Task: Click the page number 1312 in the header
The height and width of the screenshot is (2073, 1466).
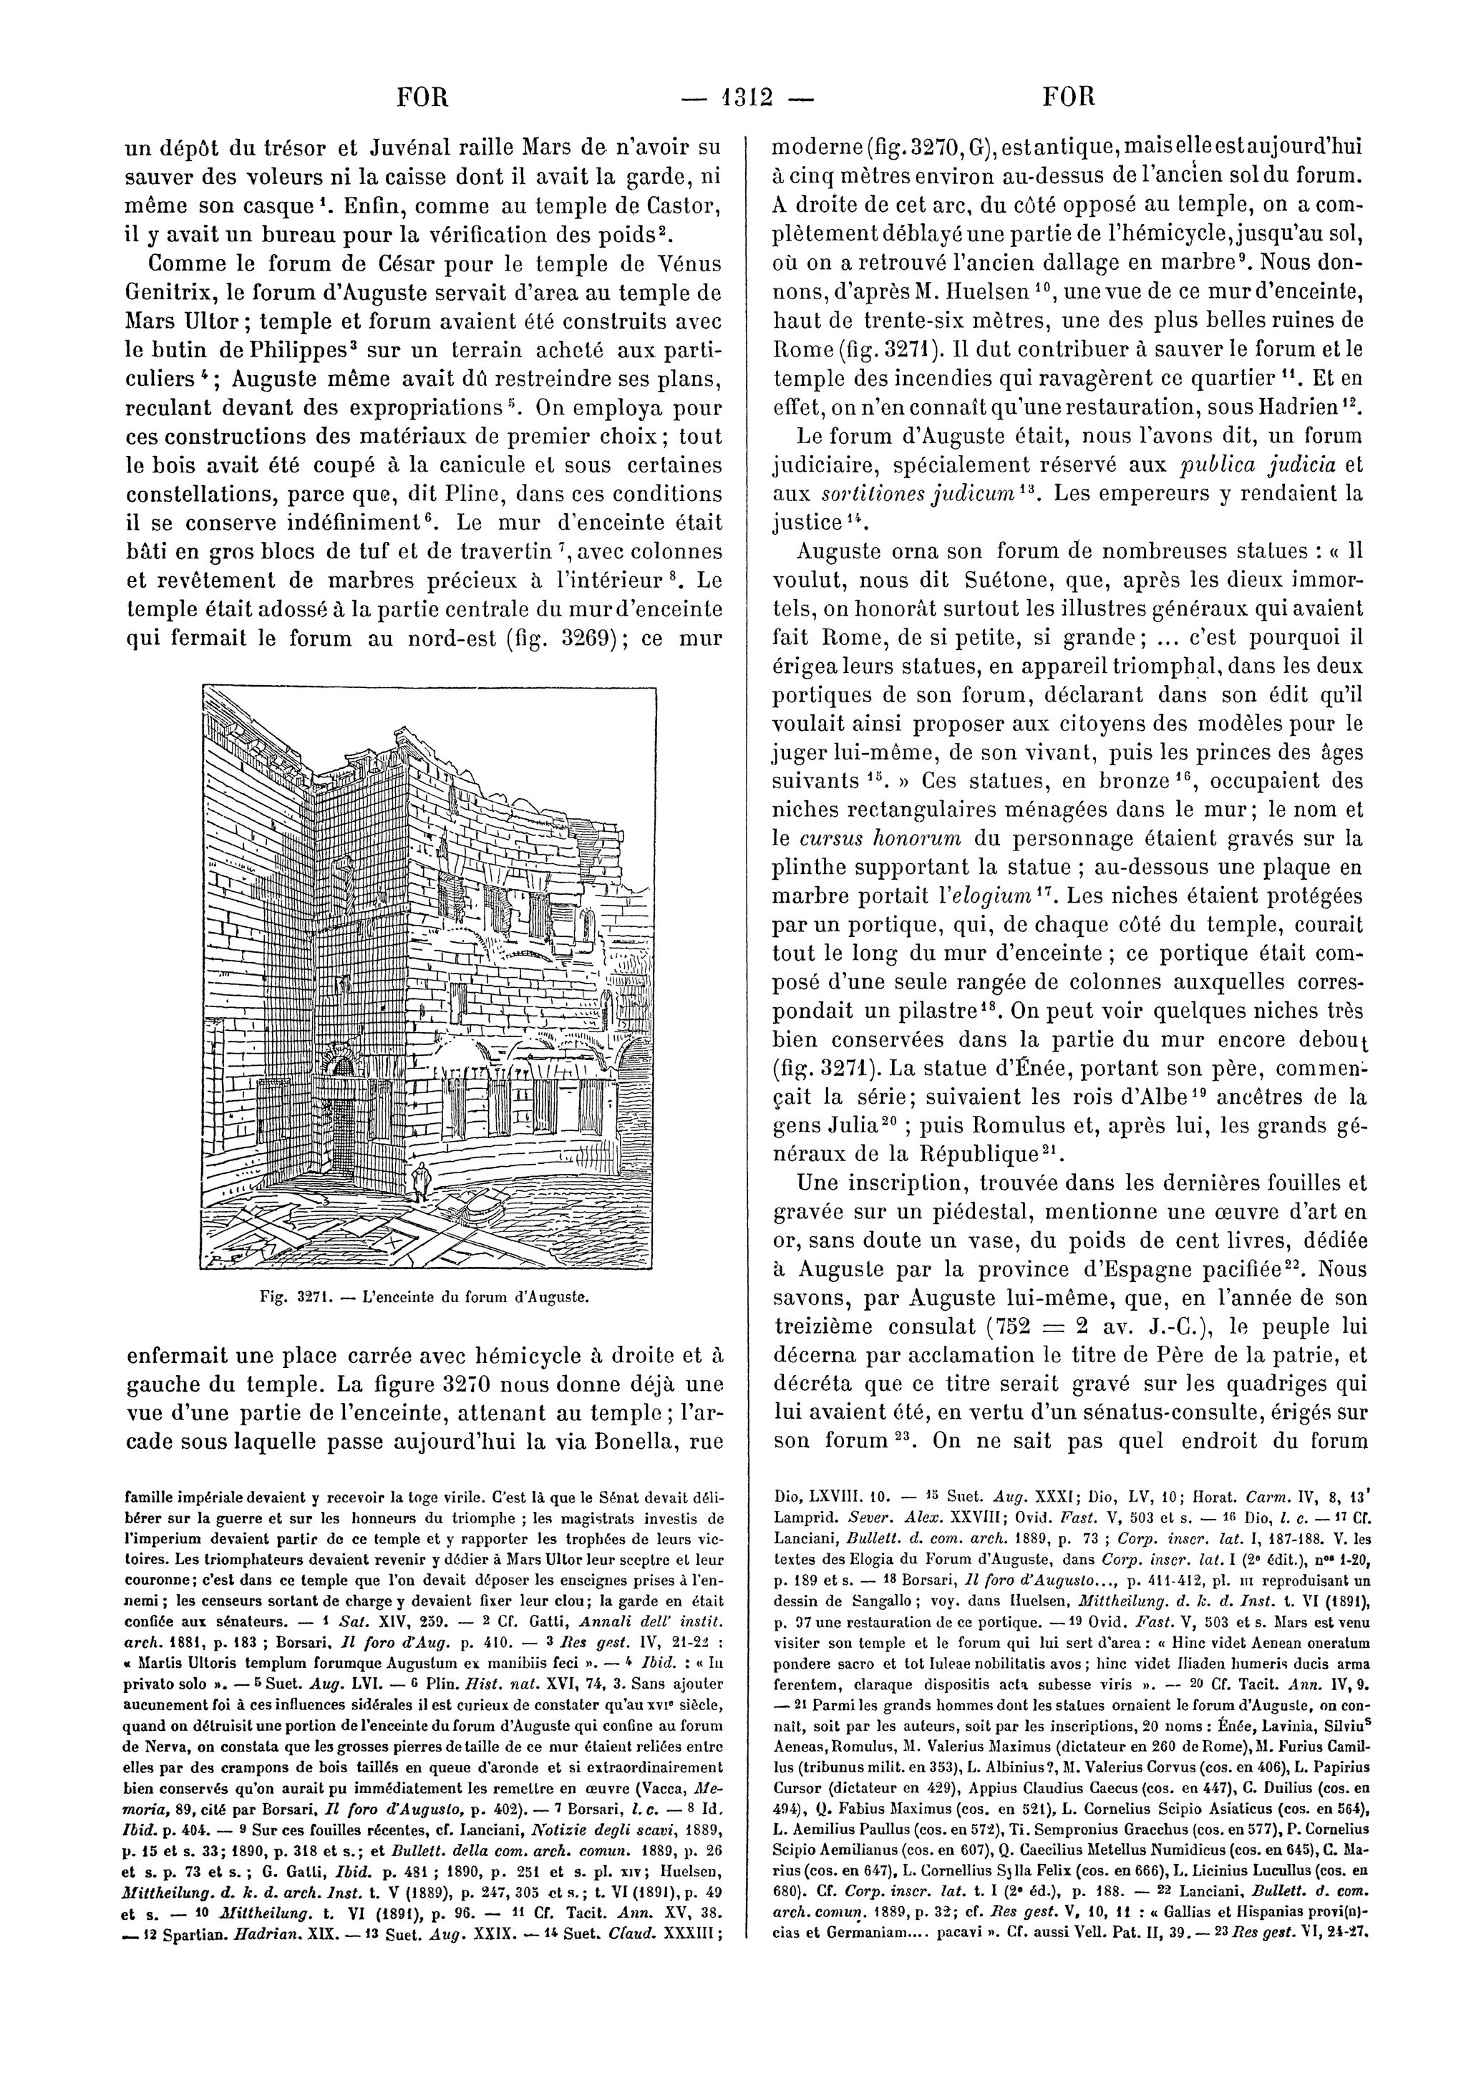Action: click(732, 97)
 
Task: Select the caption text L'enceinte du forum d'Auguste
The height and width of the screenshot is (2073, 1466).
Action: click(475, 1298)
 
